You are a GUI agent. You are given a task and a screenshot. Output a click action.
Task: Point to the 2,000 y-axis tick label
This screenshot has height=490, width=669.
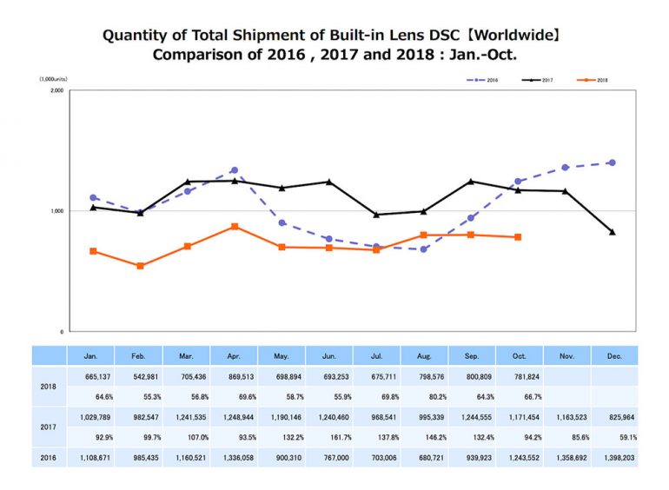pos(56,90)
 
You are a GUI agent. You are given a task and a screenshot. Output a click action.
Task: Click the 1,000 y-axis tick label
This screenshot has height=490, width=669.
pos(56,211)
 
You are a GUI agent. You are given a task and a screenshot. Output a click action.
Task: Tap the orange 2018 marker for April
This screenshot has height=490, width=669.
pos(235,226)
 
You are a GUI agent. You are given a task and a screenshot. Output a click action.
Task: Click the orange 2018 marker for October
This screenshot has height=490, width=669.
pos(518,237)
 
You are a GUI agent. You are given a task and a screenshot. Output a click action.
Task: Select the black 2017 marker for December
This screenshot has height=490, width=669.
pos(613,232)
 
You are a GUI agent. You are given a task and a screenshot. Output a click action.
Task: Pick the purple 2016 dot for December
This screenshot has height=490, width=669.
pos(613,162)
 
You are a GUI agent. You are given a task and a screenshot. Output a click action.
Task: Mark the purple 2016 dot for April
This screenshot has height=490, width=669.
pos(235,170)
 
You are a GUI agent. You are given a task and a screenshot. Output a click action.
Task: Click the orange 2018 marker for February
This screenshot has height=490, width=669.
pos(140,266)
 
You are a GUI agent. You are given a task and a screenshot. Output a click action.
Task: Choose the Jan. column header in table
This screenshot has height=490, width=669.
pos(90,355)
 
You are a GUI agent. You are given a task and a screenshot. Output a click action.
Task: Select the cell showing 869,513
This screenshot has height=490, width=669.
pos(234,375)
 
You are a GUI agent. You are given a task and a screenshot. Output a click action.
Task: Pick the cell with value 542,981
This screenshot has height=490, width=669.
pos(139,375)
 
